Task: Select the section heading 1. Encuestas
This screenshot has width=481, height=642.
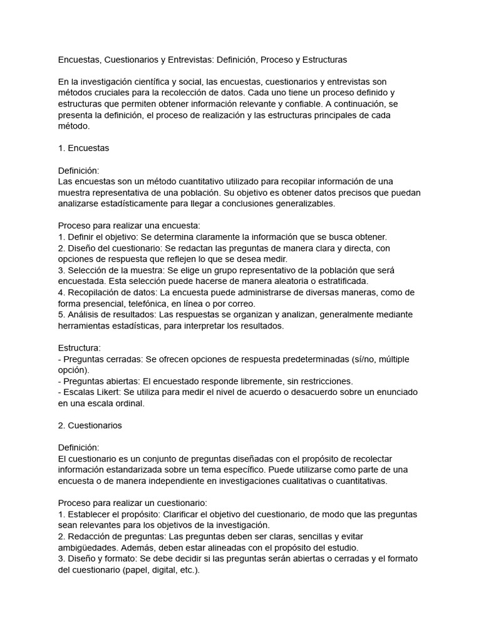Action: [x=83, y=149]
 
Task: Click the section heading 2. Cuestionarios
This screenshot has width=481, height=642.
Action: [x=90, y=425]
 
